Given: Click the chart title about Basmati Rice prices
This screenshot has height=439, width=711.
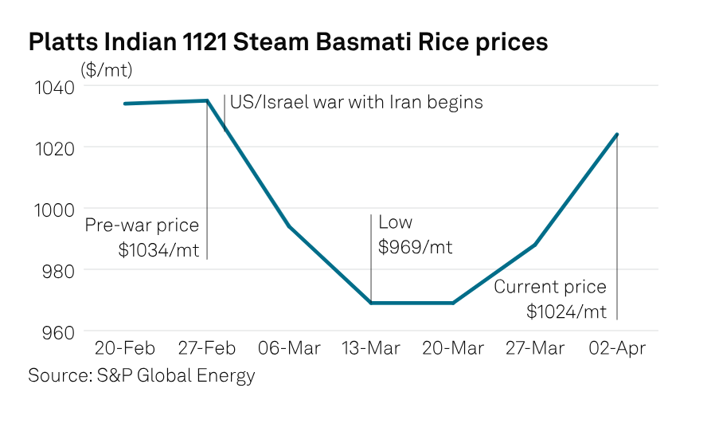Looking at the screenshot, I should click(287, 41).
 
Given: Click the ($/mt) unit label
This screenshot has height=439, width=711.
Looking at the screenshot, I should click(106, 70).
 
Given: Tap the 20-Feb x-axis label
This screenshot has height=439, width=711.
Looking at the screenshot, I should click(125, 349).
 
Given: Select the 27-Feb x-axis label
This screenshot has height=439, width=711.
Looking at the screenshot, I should click(206, 349).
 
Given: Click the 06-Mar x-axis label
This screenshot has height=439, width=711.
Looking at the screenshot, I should click(289, 349).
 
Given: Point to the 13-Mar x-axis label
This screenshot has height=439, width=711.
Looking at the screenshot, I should click(371, 349).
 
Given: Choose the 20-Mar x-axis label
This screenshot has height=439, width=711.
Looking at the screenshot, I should click(453, 349).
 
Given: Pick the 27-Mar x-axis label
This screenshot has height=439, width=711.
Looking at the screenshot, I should click(535, 349).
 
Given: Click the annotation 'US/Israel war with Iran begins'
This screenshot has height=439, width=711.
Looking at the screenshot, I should click(356, 103).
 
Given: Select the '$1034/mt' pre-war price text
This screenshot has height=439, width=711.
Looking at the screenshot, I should click(158, 249).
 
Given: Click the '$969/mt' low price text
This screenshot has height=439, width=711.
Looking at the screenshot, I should click(415, 247).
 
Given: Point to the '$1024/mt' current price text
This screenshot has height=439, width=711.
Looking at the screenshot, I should click(566, 311).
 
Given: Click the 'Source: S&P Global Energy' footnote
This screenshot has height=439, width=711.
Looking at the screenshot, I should click(142, 375).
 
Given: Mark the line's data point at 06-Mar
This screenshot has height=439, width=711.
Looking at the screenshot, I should click(289, 226).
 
